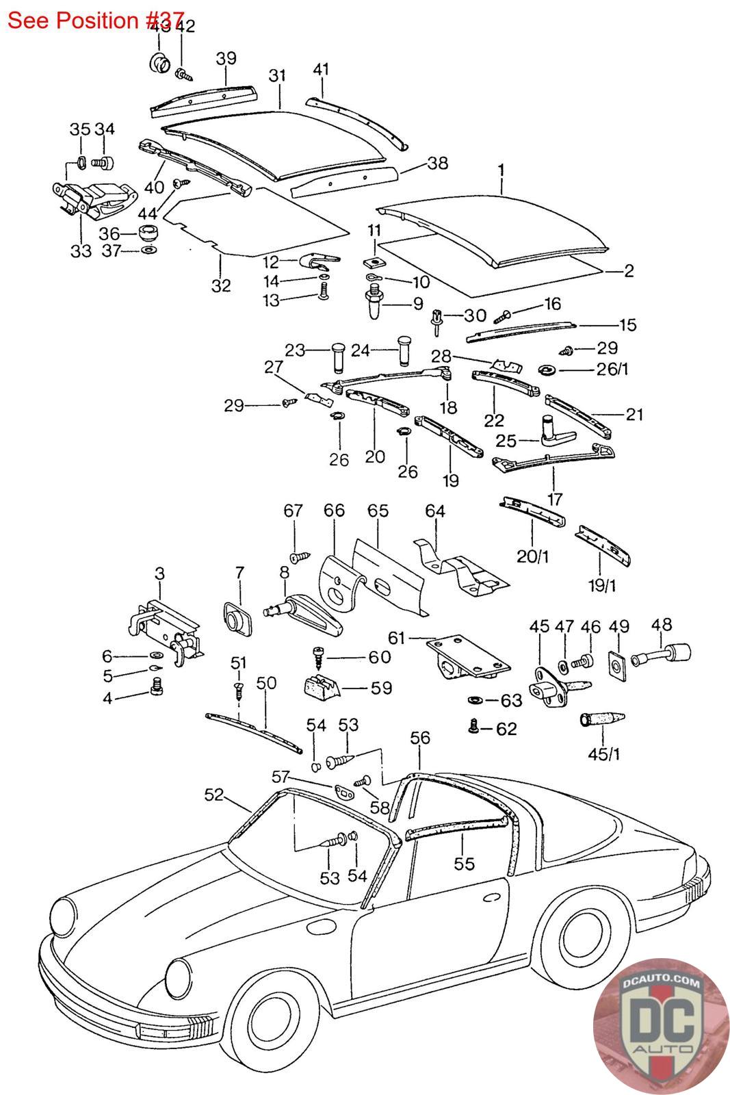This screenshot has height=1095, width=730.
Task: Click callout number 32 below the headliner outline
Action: tap(220, 285)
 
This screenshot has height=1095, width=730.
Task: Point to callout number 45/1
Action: tap(603, 754)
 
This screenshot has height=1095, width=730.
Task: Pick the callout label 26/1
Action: tap(612, 369)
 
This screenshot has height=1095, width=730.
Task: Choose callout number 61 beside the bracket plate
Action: tap(396, 638)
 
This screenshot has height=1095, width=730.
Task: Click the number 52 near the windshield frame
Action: tap(214, 794)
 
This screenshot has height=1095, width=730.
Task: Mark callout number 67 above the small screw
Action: tap(294, 511)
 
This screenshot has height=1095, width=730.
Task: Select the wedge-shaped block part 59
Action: tap(322, 685)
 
